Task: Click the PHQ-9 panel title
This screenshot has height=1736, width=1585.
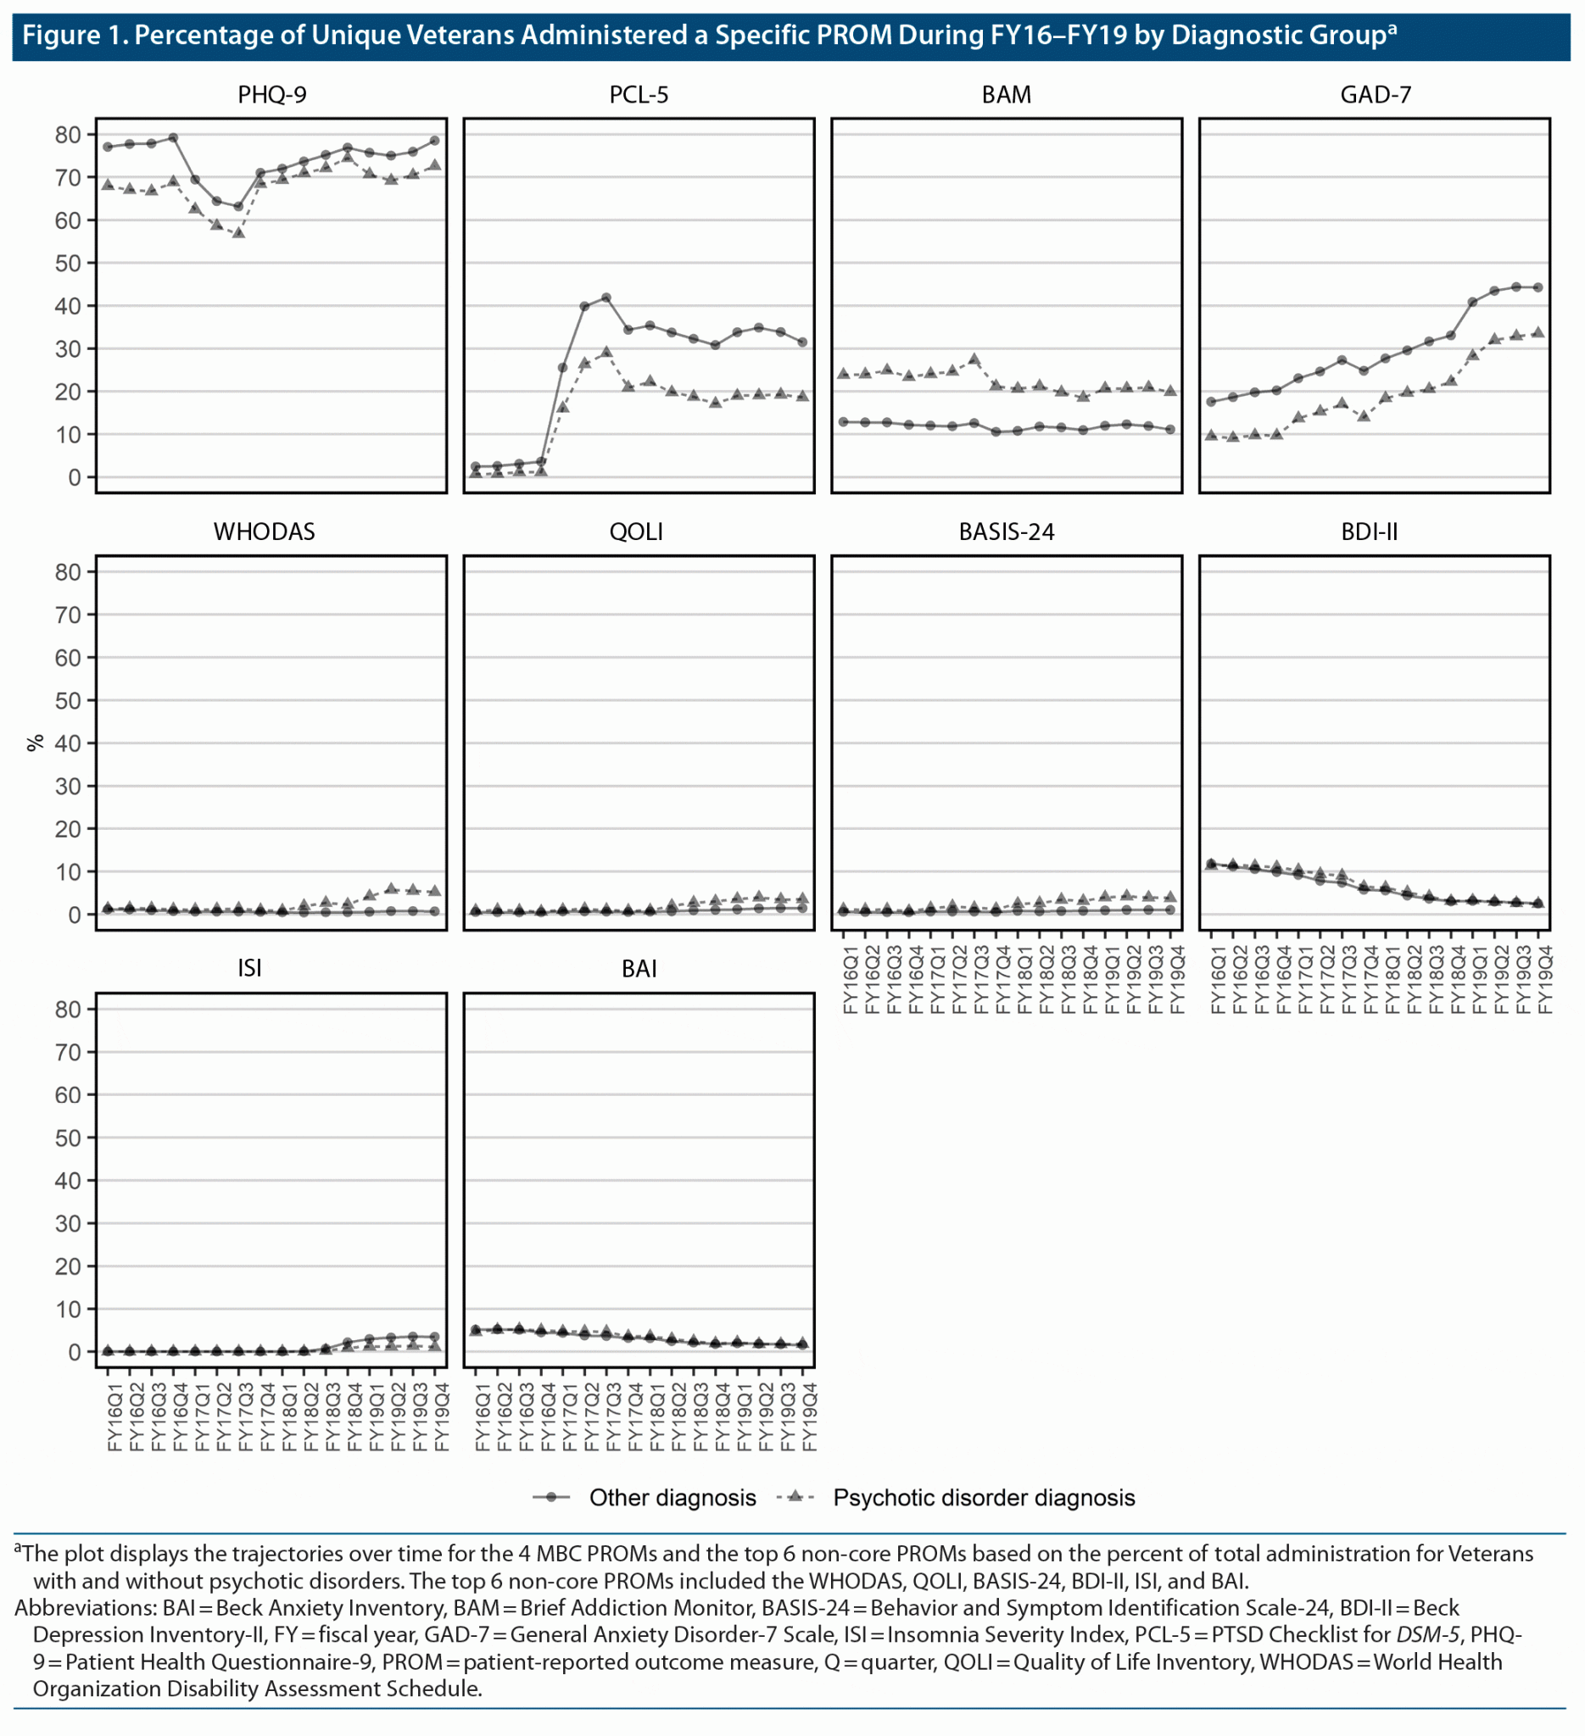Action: (x=272, y=95)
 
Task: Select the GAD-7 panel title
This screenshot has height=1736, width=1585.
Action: (x=1375, y=95)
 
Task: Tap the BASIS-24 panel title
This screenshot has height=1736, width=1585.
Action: (x=1006, y=531)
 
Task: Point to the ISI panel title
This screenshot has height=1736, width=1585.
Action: (x=250, y=968)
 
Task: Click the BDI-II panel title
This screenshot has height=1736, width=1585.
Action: (x=1369, y=531)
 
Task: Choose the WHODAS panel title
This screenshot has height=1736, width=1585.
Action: (x=265, y=531)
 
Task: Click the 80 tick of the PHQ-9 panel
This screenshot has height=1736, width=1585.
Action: (x=68, y=134)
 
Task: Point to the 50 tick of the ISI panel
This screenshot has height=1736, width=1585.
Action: (x=68, y=1138)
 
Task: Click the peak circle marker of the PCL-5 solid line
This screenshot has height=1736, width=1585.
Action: (x=606, y=298)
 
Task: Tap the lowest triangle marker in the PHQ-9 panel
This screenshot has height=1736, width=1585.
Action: (x=238, y=232)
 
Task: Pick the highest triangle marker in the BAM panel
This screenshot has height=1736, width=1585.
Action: (x=974, y=359)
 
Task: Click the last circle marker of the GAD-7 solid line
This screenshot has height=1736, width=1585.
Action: (x=1538, y=287)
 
